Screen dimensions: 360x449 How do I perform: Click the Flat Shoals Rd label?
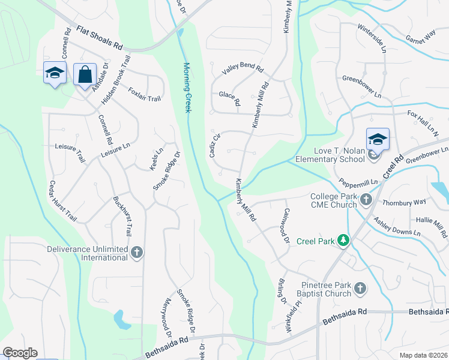coord(100,37)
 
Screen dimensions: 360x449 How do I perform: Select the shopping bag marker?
coord(85,75)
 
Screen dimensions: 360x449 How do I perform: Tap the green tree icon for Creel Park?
coord(343,240)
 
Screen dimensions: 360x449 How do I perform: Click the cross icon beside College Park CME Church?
coord(366,199)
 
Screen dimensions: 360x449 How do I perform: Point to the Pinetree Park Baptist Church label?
coord(323,289)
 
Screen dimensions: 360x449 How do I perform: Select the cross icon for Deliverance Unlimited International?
coord(137,253)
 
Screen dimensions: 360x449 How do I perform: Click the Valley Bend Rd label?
coord(243,70)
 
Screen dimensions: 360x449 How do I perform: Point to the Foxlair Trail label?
coord(145,94)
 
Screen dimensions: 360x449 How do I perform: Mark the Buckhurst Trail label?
coord(122,216)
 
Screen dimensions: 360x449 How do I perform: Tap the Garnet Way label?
coord(420,37)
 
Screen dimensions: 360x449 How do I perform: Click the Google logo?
coord(20,353)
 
